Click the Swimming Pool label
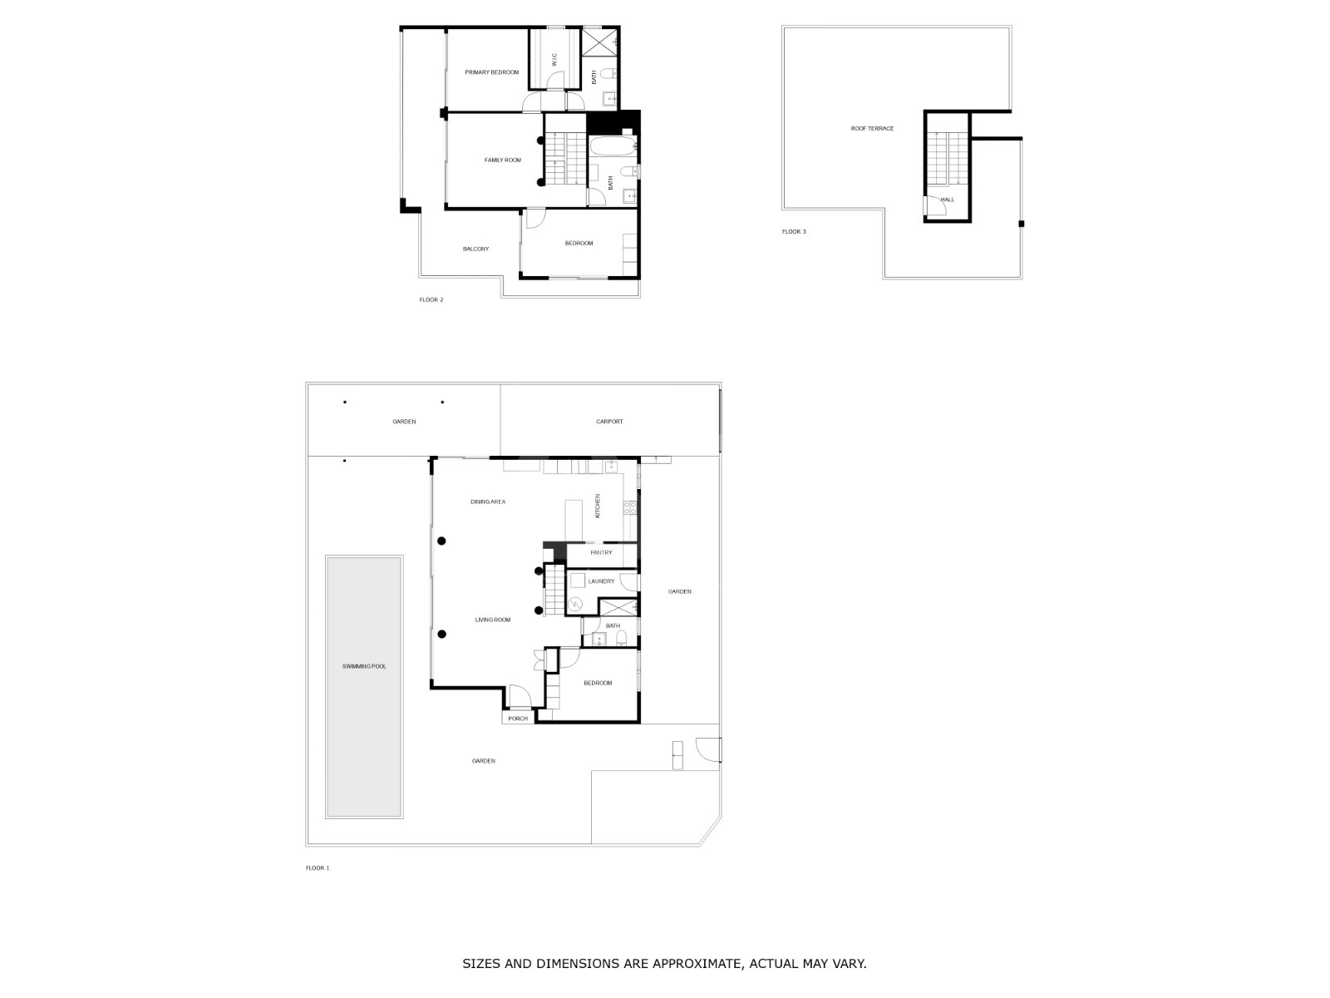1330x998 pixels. [x=363, y=666]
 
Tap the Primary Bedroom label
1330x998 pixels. [x=491, y=72]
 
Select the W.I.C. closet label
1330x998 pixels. [x=554, y=59]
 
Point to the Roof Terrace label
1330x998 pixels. [x=872, y=128]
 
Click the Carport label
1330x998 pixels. [x=609, y=422]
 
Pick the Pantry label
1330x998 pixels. [x=601, y=552]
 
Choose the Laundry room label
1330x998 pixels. [x=601, y=581]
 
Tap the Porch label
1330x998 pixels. [x=518, y=719]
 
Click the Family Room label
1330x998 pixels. [x=502, y=161]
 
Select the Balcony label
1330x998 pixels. [x=475, y=249]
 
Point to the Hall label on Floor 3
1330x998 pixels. [x=947, y=200]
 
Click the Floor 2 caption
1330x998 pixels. [x=431, y=300]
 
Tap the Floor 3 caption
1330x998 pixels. [x=794, y=231]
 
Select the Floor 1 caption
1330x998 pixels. [x=318, y=868]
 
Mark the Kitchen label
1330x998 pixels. [x=598, y=506]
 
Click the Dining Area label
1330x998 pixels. [x=488, y=501]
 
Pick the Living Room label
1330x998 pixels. [x=493, y=620]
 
